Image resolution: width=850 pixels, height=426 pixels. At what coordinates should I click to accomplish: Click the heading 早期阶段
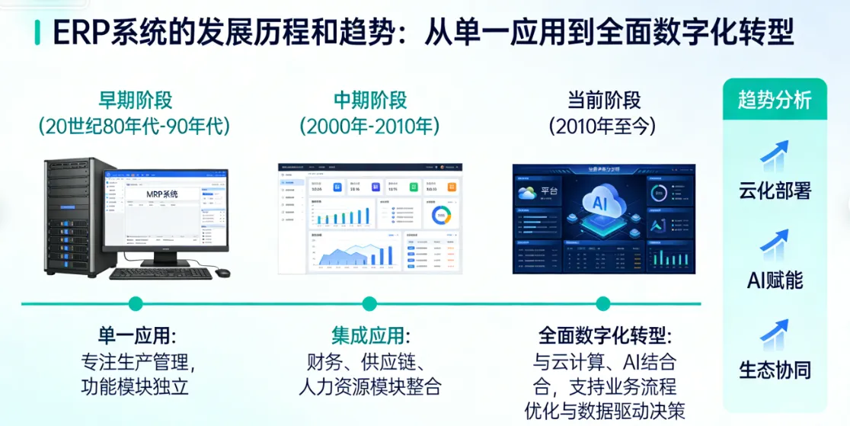click(x=135, y=101)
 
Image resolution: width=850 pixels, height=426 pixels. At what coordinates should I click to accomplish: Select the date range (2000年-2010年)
click(x=369, y=126)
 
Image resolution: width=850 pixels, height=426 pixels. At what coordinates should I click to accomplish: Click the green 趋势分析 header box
click(x=774, y=100)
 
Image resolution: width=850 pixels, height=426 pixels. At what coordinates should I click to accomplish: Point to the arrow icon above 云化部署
click(x=774, y=155)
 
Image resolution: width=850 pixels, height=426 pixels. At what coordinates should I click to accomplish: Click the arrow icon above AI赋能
click(x=774, y=245)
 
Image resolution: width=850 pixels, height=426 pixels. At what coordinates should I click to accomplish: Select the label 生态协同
click(x=775, y=371)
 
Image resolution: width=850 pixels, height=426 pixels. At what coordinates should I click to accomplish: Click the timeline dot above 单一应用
click(x=136, y=304)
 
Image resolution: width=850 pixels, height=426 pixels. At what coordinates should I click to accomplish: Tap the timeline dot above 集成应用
click(x=369, y=304)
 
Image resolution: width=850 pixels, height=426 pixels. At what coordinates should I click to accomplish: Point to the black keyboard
click(x=161, y=273)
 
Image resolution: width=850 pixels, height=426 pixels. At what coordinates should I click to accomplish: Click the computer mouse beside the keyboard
click(x=222, y=272)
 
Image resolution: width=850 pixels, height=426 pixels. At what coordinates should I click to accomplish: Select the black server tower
click(x=72, y=217)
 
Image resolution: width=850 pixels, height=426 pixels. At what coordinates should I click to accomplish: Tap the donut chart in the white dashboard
click(x=441, y=216)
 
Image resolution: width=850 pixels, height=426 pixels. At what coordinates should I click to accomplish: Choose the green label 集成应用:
click(x=369, y=336)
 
